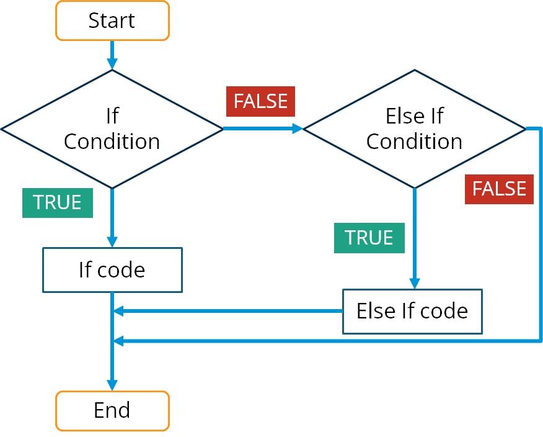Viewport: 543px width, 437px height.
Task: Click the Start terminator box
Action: [112, 20]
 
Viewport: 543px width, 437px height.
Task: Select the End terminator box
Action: [112, 410]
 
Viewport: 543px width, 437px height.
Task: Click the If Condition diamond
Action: [112, 128]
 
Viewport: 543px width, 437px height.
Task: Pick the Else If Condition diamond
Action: [414, 128]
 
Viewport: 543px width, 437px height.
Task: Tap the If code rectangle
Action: [112, 270]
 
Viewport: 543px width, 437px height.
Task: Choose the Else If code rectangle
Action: [412, 310]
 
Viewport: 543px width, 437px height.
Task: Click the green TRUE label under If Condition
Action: [58, 202]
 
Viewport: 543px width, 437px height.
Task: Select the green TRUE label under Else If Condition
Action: [369, 238]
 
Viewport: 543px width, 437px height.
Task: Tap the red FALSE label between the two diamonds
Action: [260, 101]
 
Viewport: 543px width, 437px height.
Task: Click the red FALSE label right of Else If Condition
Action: [499, 189]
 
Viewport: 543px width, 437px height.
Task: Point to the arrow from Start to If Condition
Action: [112, 55]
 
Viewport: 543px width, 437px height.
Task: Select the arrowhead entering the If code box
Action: [112, 241]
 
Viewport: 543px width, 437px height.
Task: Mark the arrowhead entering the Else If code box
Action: [414, 282]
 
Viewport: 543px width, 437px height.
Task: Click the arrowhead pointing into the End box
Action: [112, 385]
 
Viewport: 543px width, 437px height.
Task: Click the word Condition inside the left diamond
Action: [112, 142]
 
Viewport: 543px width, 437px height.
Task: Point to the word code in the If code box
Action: [122, 270]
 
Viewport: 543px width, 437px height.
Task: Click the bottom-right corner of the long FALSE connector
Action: [541, 340]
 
